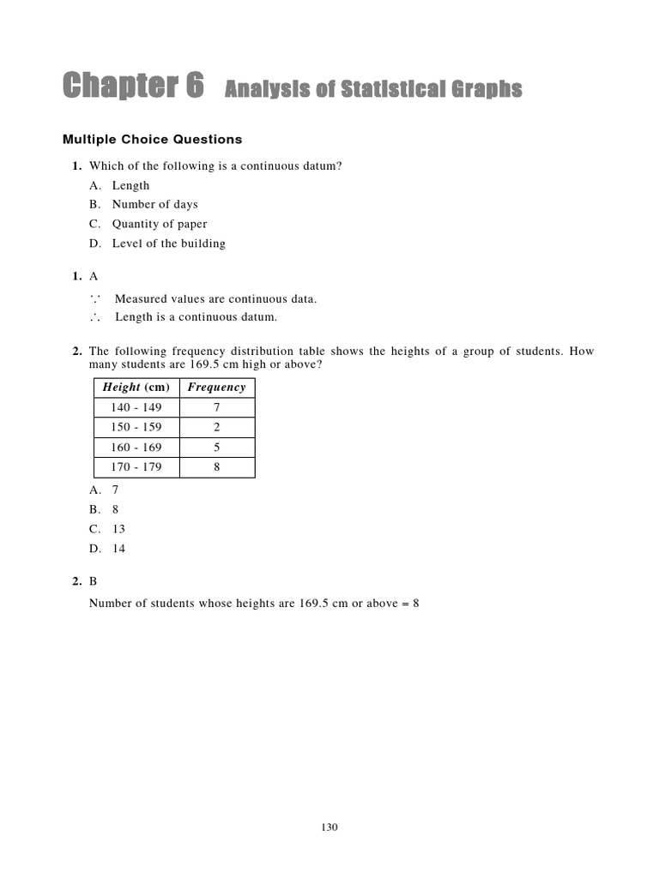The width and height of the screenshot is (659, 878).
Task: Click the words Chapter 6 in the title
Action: point(134,87)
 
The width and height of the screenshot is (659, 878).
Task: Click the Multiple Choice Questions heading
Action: point(153,139)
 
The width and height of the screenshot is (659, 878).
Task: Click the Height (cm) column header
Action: point(136,388)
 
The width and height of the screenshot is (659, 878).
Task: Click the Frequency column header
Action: point(216,388)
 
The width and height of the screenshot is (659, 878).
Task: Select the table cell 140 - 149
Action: point(136,407)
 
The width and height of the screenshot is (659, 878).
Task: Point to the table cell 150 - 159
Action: point(136,427)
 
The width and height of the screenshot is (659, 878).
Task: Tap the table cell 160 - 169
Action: point(136,448)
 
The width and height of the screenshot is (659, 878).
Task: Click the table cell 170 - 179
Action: point(136,467)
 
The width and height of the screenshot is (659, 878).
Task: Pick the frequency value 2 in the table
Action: point(216,427)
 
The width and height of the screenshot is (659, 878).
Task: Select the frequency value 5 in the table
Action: point(216,448)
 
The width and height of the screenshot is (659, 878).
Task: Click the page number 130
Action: point(329,827)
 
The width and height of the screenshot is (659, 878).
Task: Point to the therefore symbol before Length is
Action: point(94,317)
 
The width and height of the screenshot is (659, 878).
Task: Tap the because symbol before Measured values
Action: point(94,298)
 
